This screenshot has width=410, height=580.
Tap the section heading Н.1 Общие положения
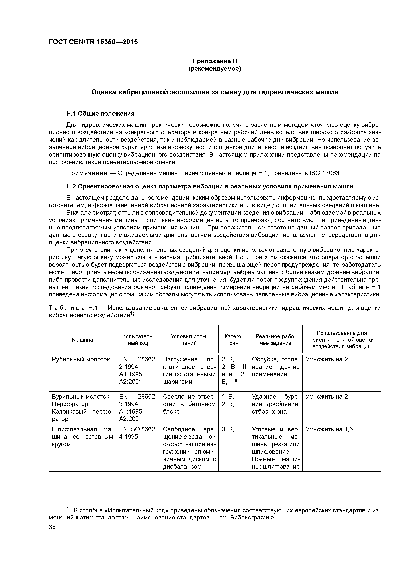pyautogui.click(x=100, y=113)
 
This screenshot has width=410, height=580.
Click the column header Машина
pyautogui.click(x=82, y=340)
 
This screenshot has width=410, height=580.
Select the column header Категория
pyautogui.click(x=234, y=340)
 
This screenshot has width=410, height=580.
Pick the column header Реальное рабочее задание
pyautogui.click(x=275, y=340)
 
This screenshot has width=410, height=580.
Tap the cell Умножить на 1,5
pyautogui.click(x=329, y=429)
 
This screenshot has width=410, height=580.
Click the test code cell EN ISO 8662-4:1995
pyautogui.click(x=138, y=433)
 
